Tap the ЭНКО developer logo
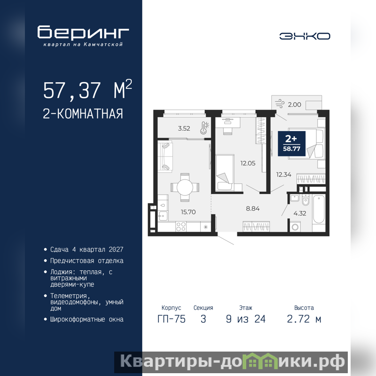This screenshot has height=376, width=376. (305, 36)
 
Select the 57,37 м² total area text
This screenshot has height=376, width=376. (87, 89)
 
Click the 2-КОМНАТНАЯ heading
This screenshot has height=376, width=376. (83, 114)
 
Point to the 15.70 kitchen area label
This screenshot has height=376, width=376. (188, 212)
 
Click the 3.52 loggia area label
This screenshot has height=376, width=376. (184, 128)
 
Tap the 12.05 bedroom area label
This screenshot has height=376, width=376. (248, 163)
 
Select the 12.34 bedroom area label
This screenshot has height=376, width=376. (284, 174)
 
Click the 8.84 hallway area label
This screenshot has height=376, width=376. (253, 209)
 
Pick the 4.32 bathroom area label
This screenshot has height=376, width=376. (300, 213)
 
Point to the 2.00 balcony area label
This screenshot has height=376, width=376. (295, 104)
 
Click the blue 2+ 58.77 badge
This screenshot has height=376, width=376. (291, 144)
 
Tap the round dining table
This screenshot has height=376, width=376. (185, 187)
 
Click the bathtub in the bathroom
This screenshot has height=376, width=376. (319, 210)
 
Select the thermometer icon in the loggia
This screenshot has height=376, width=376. (204, 127)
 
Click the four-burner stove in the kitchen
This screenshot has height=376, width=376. (181, 227)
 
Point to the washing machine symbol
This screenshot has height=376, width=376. (296, 227)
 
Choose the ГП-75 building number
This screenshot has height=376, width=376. (172, 319)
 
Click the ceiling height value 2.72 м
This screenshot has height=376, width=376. (304, 319)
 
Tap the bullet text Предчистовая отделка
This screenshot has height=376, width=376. (87, 261)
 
